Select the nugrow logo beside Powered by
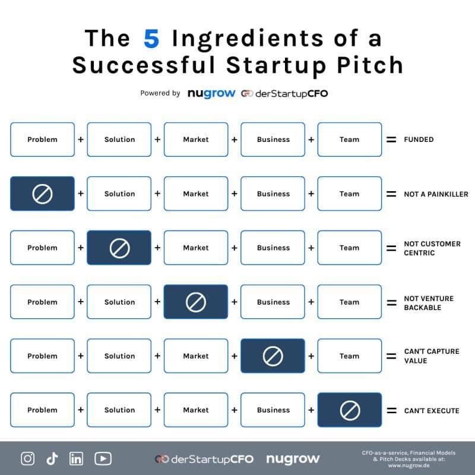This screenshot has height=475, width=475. pyautogui.click(x=211, y=93)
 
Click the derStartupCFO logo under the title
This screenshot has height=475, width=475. pyautogui.click(x=284, y=93)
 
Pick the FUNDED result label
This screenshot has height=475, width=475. pyautogui.click(x=419, y=140)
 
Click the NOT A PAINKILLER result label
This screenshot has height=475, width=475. pyautogui.click(x=435, y=194)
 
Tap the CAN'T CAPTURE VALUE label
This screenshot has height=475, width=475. pyautogui.click(x=431, y=356)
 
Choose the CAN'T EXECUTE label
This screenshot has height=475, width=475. pyautogui.click(x=431, y=410)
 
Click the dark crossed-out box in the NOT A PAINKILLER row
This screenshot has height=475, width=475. pyautogui.click(x=42, y=194)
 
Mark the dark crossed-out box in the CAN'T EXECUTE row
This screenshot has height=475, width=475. pyautogui.click(x=350, y=410)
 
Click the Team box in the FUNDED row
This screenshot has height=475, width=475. pyautogui.click(x=350, y=140)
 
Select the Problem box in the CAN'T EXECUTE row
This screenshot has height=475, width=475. pyautogui.click(x=42, y=410)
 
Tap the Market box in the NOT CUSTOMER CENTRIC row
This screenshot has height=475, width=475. pyautogui.click(x=196, y=248)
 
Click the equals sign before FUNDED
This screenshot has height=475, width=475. pyautogui.click(x=391, y=140)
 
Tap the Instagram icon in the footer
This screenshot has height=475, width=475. pyautogui.click(x=27, y=458)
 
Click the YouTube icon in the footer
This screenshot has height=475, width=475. pyautogui.click(x=103, y=458)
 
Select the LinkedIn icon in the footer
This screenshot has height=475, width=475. pyautogui.click(x=77, y=458)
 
